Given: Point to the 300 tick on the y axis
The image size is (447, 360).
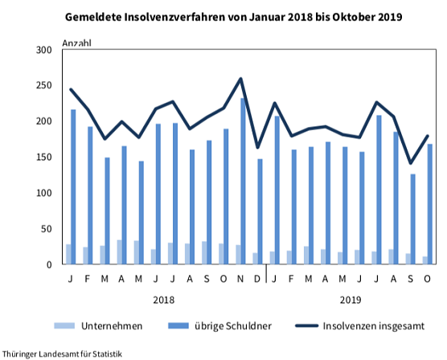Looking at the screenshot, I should [x=43, y=50].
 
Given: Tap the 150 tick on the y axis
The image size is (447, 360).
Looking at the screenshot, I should [x=43, y=157].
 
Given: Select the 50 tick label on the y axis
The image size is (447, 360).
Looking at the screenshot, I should [x=46, y=229].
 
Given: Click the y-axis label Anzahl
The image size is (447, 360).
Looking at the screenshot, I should [x=77, y=43].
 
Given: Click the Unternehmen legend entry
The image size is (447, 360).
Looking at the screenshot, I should [x=99, y=325].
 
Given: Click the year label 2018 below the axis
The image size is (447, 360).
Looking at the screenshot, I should [x=163, y=300].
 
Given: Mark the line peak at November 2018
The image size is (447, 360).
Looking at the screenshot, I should [x=240, y=79].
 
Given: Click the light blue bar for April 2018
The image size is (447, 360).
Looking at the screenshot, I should [x=120, y=252].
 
